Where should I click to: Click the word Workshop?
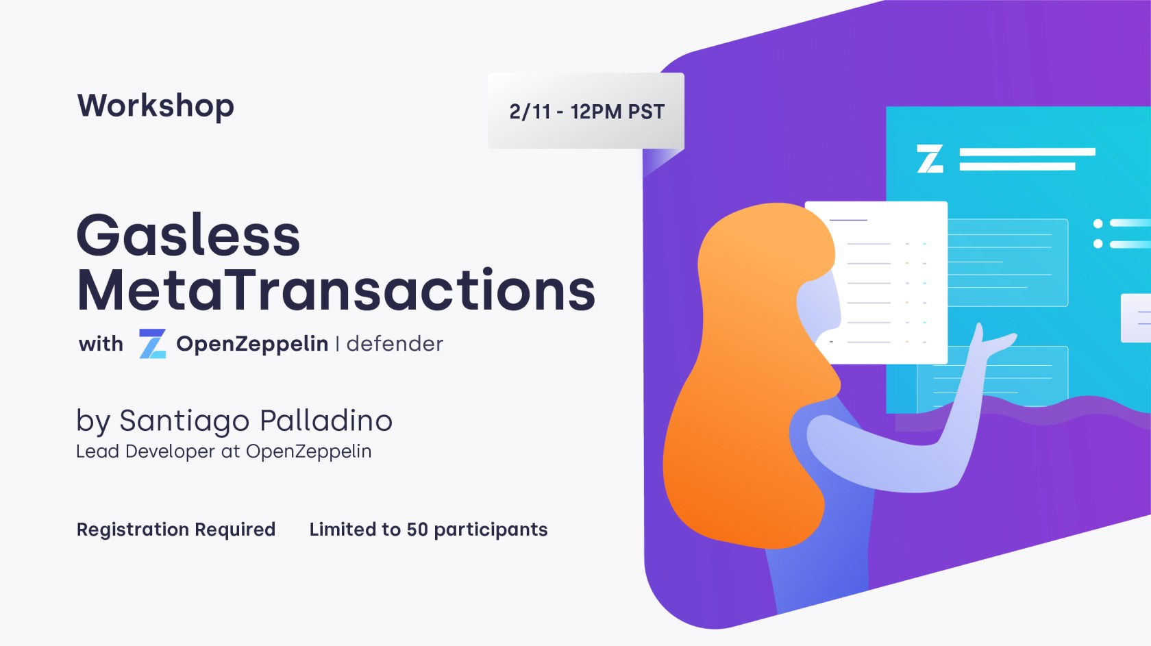[x=156, y=106]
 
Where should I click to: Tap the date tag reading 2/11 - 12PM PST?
[x=586, y=111]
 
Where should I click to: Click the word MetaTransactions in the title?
[x=336, y=290]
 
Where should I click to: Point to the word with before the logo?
[x=101, y=344]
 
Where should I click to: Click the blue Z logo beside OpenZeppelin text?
[x=153, y=343]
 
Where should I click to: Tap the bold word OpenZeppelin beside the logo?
[x=252, y=344]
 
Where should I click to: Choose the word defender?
[x=395, y=344]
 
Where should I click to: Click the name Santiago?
[x=184, y=421]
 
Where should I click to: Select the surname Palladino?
[x=326, y=420]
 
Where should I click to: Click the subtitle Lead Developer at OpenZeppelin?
[x=223, y=451]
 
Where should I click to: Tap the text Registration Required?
[x=175, y=530]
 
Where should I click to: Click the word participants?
[x=491, y=530]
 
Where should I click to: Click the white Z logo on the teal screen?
[x=930, y=159]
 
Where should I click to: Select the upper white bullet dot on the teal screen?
[x=1098, y=223]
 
